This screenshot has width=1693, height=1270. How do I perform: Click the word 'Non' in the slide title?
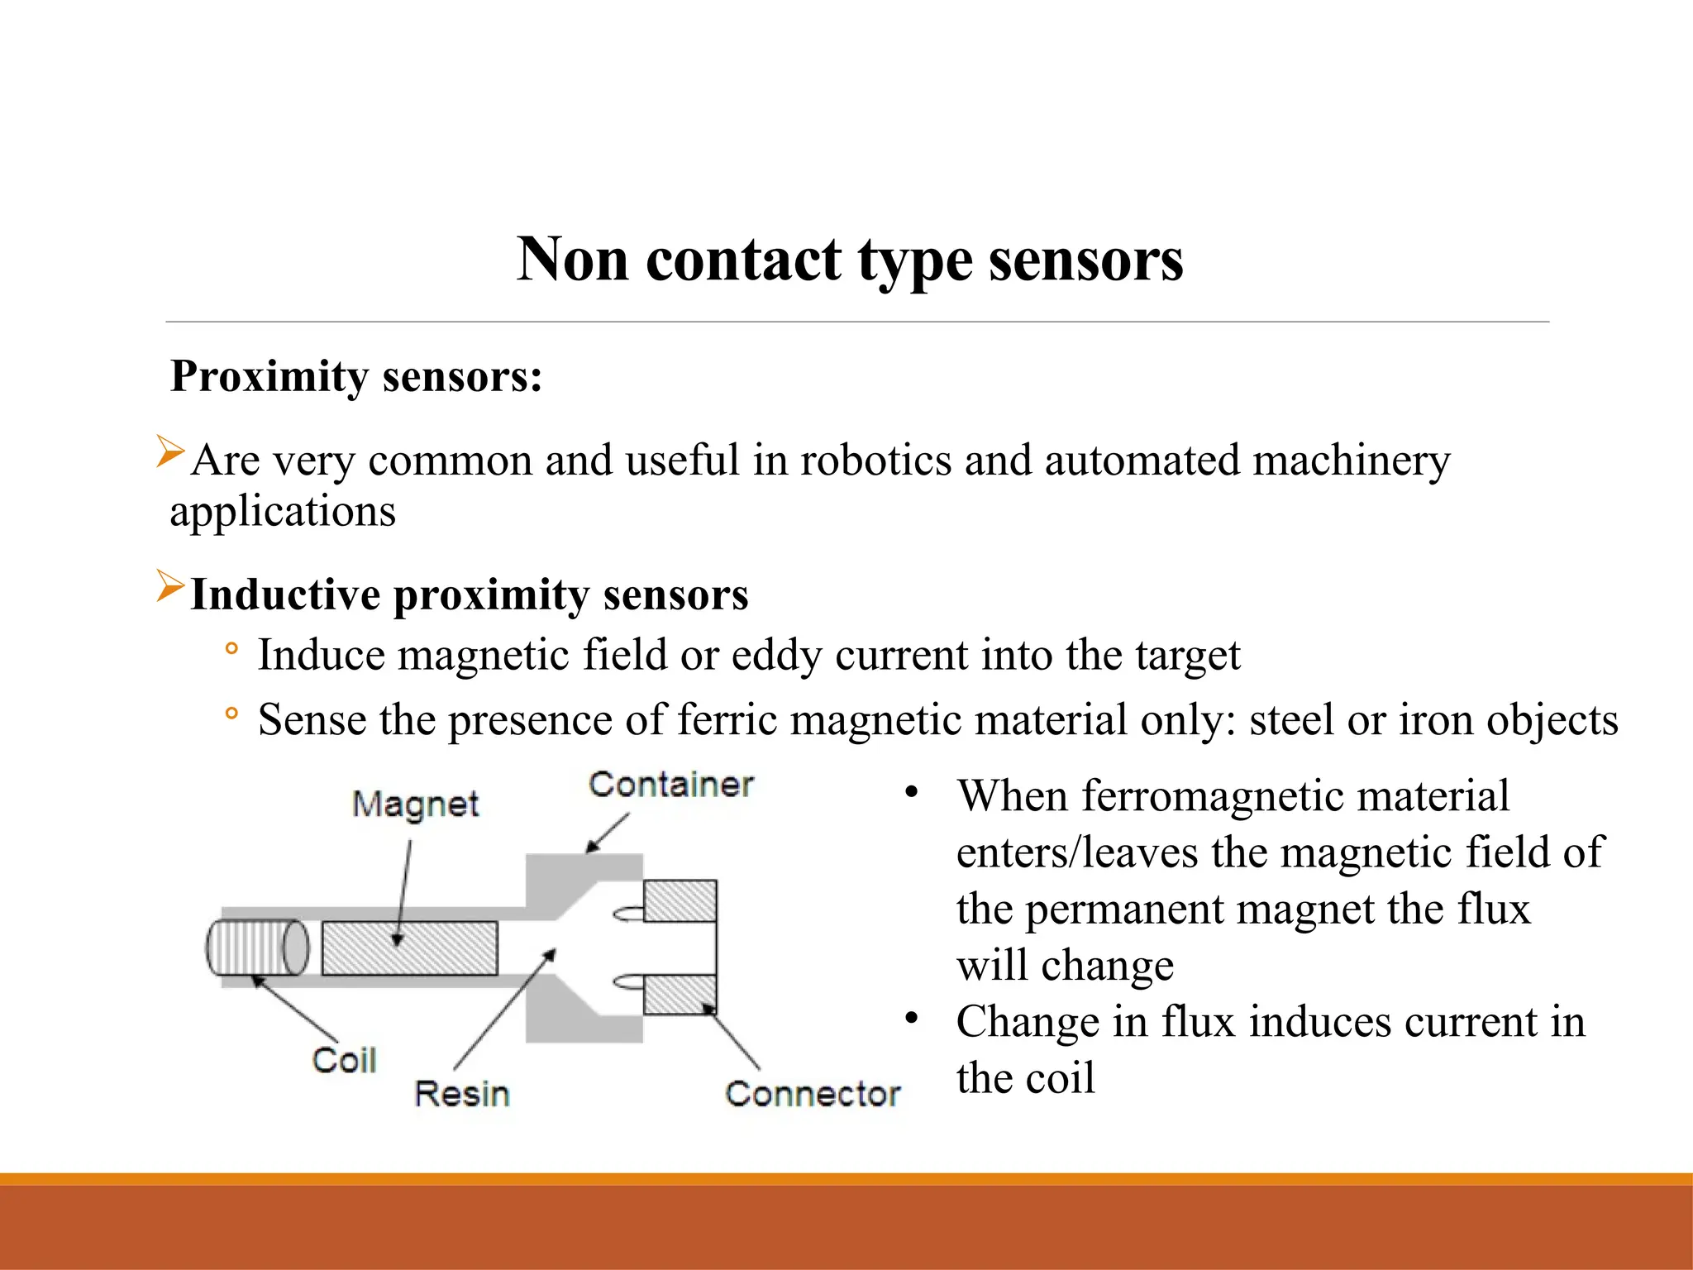coord(572,260)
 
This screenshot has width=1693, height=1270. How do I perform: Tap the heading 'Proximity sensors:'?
coord(356,376)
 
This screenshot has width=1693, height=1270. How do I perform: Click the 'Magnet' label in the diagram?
coord(415,804)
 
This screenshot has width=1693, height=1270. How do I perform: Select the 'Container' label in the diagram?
coord(670,784)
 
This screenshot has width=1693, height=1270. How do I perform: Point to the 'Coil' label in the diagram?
coord(344,1060)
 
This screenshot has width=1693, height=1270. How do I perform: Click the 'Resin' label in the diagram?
coord(461,1093)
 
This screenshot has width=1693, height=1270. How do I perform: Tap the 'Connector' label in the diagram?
coord(813,1093)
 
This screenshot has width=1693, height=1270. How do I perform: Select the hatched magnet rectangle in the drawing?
coord(410,948)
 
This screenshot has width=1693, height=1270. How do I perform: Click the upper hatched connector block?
coord(680,901)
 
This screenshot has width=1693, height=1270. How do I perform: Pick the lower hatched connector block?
coord(680,995)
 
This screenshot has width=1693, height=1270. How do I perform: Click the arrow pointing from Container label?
coord(608,833)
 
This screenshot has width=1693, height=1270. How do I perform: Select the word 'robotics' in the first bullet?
coord(875,460)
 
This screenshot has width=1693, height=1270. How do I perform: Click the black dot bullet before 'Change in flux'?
coord(911,1019)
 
